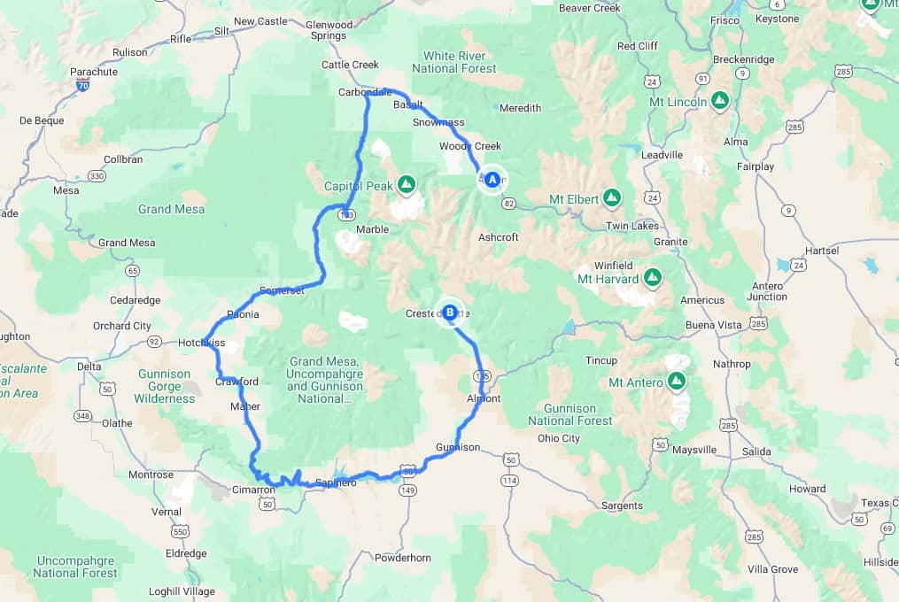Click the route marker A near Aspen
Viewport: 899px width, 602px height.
[492, 180]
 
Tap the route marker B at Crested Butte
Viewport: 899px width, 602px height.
[450, 312]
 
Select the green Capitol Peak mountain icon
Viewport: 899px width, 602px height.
[407, 184]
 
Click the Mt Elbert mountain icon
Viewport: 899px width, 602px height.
[611, 197]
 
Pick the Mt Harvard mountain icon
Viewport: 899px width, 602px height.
[653, 278]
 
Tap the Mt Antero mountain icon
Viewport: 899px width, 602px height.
[677, 381]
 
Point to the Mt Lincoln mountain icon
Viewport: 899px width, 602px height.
[721, 100]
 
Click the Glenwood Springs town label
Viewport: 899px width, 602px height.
[329, 30]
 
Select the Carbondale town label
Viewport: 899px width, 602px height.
[365, 92]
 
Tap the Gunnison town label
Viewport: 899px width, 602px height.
[458, 447]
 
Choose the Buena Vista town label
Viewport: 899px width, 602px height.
[714, 325]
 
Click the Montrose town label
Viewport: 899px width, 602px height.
[151, 475]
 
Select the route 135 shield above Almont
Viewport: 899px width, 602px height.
[483, 376]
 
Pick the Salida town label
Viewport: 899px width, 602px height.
[756, 451]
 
